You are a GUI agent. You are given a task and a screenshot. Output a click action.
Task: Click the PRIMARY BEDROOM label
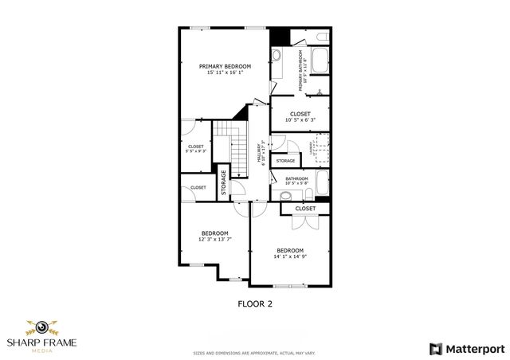pos(225,66)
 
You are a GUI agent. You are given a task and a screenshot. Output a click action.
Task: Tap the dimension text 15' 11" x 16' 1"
pos(225,72)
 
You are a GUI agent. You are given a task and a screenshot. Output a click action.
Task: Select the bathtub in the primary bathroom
pos(320,59)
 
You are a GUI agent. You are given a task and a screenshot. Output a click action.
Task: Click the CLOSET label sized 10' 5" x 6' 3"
pos(300,114)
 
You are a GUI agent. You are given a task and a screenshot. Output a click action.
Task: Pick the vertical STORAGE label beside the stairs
pos(224,182)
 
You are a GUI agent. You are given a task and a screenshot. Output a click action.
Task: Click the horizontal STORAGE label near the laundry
pos(285,161)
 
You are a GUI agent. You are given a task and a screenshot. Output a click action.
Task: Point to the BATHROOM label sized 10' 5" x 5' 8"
pos(297,178)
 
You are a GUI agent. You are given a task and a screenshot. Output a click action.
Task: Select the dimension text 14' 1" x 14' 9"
pos(290,256)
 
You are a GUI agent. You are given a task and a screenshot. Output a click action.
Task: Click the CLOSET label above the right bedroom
pos(305,209)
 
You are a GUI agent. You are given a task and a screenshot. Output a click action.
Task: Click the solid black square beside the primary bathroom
pos(279,36)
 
